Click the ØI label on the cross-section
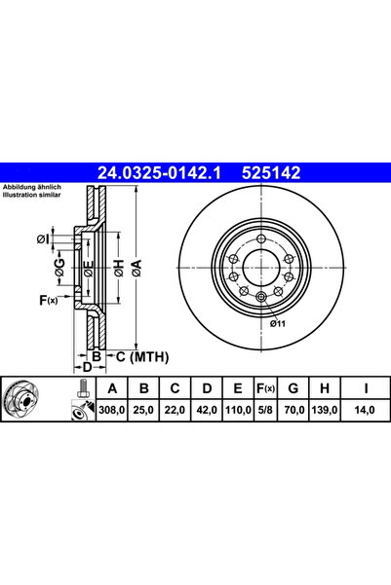pos(45,238)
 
